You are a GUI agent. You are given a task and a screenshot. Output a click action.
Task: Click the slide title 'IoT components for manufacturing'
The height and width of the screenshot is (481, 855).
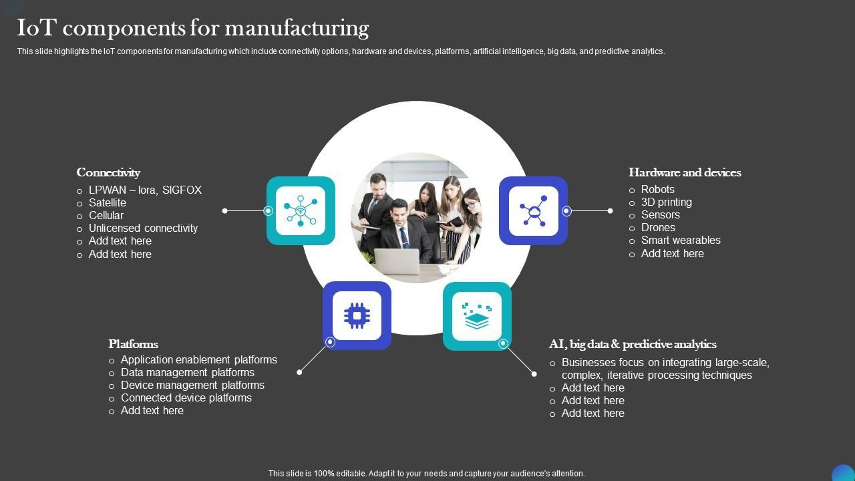193,28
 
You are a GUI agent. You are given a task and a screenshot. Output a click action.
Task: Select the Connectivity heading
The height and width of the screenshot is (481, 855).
108,172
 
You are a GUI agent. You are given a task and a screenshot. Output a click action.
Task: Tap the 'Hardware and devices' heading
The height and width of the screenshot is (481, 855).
685,172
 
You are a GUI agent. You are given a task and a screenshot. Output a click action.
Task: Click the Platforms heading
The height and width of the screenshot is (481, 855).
133,344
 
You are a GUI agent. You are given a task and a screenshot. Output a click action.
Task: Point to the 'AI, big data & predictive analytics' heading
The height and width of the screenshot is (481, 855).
633,344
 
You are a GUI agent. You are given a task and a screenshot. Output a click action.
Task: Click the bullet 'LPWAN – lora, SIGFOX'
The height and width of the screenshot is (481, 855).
145,190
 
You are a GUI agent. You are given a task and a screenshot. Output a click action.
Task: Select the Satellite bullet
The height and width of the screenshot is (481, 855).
107,202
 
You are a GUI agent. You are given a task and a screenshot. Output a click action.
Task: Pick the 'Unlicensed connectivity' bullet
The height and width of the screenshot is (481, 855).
143,228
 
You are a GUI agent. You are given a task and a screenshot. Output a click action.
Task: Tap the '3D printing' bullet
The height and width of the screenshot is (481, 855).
666,202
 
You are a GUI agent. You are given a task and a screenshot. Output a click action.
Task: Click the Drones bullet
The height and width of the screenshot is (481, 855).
658,227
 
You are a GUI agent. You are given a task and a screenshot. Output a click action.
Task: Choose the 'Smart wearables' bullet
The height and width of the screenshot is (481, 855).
681,240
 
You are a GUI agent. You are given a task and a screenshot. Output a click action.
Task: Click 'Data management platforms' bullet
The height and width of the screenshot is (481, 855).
187,372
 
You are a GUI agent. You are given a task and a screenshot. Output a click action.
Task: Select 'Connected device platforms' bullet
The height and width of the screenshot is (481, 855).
186,397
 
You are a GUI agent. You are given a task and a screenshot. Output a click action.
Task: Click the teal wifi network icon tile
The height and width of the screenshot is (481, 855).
301,210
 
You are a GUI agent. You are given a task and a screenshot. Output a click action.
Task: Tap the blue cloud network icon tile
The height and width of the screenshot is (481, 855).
533,210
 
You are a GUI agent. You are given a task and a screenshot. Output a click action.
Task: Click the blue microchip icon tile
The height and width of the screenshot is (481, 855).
357,315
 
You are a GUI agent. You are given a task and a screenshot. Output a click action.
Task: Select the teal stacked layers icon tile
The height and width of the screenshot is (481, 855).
477,315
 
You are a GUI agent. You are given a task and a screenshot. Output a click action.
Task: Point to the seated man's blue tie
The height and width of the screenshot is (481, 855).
404,237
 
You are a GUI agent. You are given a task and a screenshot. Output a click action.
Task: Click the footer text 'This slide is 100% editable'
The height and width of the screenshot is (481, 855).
426,473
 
